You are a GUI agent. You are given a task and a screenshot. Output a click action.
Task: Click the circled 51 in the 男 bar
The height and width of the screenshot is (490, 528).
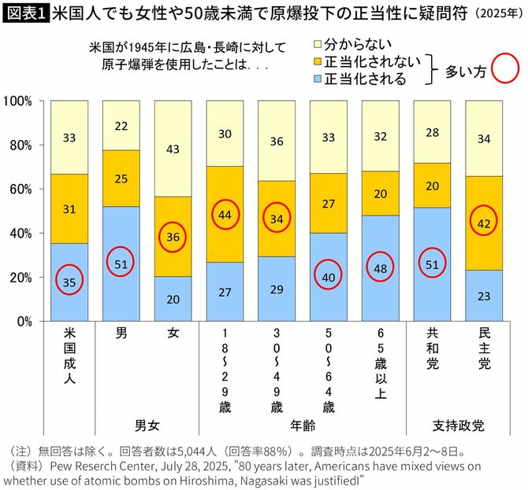coord(121,263)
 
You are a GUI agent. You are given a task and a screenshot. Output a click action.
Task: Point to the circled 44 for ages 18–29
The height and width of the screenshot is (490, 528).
coord(225,215)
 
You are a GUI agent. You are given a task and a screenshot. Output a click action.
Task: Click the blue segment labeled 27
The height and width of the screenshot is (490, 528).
coord(225,292)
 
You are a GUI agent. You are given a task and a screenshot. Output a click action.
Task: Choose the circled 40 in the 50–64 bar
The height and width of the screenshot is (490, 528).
coord(328,276)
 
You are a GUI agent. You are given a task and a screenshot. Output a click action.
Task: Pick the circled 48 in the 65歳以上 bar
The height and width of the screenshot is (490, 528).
coord(380,267)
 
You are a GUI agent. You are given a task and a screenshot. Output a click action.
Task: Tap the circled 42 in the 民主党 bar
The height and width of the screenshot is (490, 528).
coord(484,223)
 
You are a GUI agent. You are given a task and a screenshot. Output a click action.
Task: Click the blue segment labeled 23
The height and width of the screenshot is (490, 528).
coord(484,297)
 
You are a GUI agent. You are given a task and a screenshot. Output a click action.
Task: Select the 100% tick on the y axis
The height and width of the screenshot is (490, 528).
coord(18,101)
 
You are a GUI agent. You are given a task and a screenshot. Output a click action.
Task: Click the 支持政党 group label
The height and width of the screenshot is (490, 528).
coord(458,426)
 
